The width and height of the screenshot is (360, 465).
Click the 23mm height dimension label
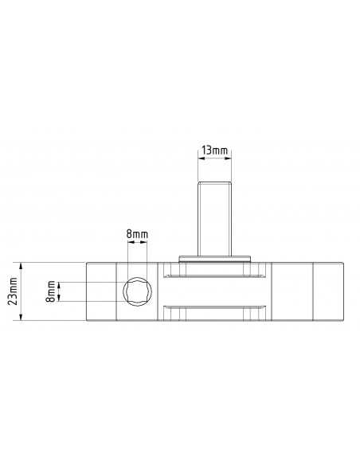[x=13, y=291]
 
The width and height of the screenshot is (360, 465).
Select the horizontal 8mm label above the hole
[x=137, y=234]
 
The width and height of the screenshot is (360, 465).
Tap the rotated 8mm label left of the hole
[x=51, y=291]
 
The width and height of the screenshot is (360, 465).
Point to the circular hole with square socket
[x=138, y=291]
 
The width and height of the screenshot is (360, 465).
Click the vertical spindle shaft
[x=215, y=219]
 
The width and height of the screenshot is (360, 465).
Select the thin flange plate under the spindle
[x=215, y=259]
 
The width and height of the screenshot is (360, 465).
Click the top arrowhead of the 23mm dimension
[x=21, y=266]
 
